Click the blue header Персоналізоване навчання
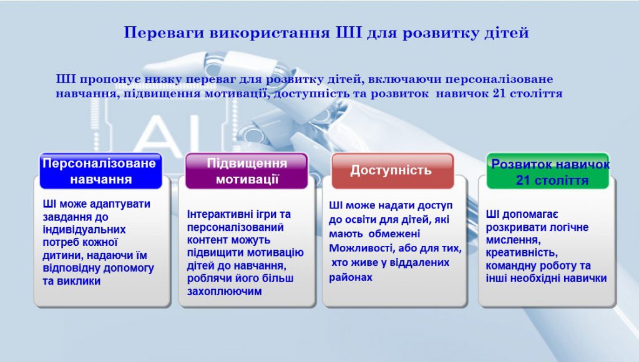point(100,171)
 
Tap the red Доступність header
point(391,170)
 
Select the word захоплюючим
point(225,291)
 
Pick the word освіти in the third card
point(358,219)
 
